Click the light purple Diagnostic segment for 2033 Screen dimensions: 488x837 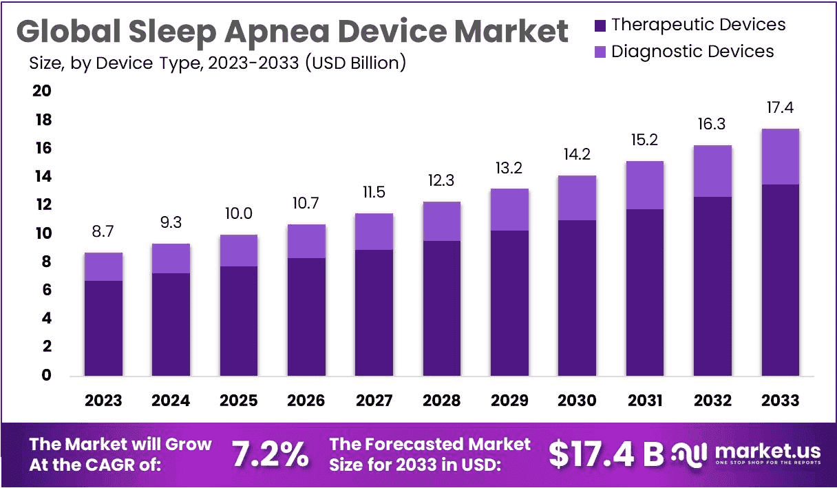(x=780, y=156)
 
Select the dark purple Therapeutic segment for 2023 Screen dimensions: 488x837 (x=103, y=328)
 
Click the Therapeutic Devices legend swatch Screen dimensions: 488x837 (x=600, y=25)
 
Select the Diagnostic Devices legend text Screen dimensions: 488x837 (x=692, y=52)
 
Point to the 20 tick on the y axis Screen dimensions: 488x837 (x=42, y=92)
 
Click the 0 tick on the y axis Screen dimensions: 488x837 (x=45, y=376)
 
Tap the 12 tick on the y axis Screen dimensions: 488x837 (x=42, y=205)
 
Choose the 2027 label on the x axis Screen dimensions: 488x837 (x=374, y=401)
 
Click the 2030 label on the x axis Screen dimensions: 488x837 (x=577, y=401)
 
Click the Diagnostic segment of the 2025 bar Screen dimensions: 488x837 (x=239, y=251)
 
